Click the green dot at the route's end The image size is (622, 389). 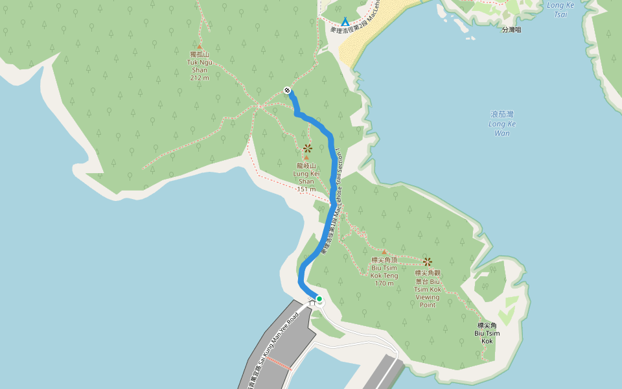click(x=319, y=299)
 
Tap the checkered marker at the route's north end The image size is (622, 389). click(x=287, y=90)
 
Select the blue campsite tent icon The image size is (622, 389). click(x=345, y=21)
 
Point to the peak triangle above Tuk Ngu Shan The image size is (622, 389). click(x=199, y=47)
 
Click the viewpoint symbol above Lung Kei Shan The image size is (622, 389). click(x=307, y=148)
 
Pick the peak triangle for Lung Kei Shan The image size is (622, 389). click(x=306, y=158)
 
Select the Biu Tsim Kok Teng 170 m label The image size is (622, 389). click(x=384, y=271)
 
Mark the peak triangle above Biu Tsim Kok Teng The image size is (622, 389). click(x=384, y=252)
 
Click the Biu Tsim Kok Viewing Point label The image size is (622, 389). click(x=428, y=289)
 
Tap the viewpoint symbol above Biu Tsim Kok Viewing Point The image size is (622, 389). click(x=428, y=262)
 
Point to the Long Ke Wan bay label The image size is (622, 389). click(x=502, y=123)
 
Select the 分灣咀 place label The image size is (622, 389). click(x=511, y=30)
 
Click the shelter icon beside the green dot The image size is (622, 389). click(x=312, y=301)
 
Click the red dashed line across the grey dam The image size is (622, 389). click(x=280, y=362)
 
